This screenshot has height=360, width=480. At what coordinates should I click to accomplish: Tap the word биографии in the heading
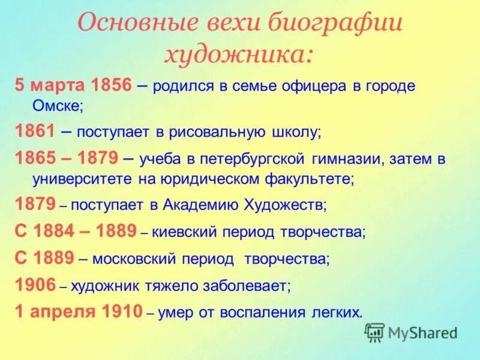(332, 23)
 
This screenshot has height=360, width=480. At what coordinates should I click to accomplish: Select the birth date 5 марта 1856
(73, 85)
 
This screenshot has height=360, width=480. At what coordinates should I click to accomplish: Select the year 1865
(35, 158)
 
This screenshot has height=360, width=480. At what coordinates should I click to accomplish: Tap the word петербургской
(245, 158)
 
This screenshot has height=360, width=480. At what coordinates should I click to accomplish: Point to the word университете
(75, 179)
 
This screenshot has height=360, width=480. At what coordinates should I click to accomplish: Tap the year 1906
(35, 285)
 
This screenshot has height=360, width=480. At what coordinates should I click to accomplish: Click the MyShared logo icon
(375, 332)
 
